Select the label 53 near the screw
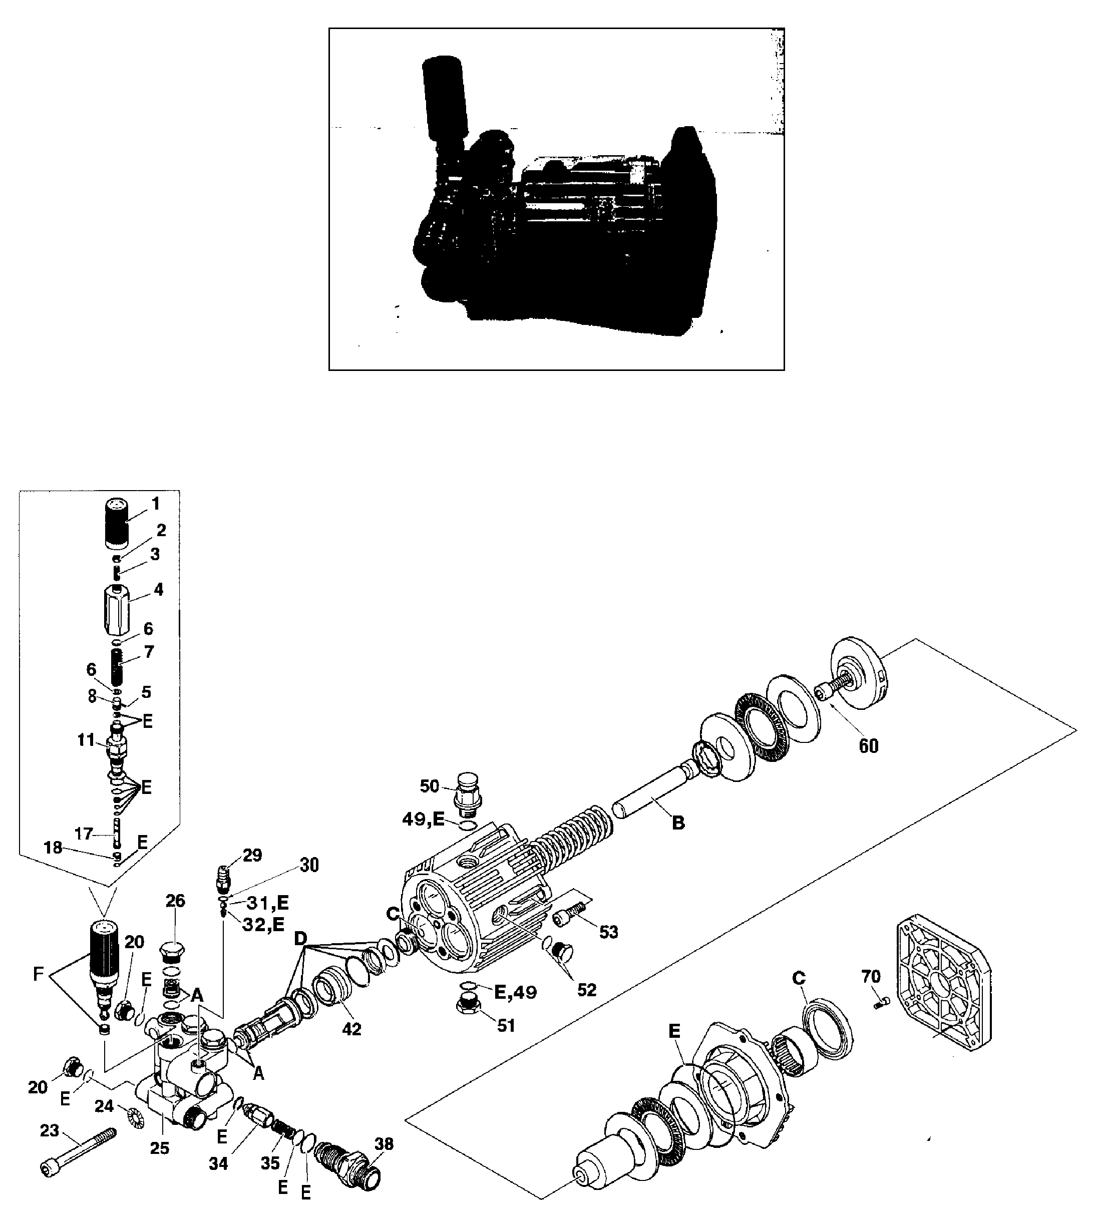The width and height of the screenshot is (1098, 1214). point(608,932)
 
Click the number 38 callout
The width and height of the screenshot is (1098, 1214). point(384,1143)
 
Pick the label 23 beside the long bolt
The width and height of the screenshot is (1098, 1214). point(50,1130)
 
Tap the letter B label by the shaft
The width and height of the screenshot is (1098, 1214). point(678,823)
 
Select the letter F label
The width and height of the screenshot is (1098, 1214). point(39,974)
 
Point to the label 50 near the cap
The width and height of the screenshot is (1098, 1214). point(430,786)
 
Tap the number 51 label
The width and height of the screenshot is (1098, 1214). point(506,1025)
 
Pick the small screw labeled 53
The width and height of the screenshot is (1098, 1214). point(569,914)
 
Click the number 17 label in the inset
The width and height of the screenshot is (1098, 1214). point(84,834)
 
